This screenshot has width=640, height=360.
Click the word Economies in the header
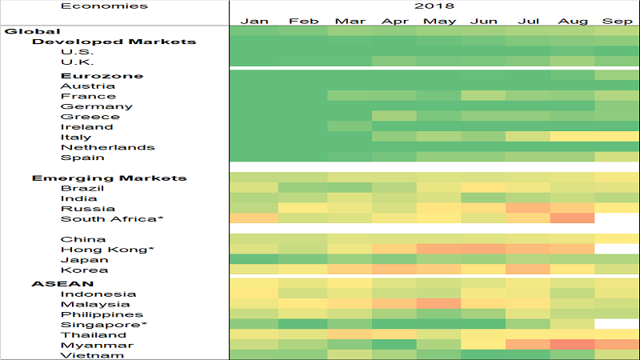pyautogui.click(x=94, y=6)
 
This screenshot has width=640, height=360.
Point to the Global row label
pyautogui.click(x=22, y=31)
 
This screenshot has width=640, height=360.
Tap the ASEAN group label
pyautogui.click(x=52, y=283)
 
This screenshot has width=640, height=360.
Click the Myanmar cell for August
pyautogui.click(x=572, y=344)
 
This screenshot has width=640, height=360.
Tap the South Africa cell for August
pyautogui.click(x=572, y=218)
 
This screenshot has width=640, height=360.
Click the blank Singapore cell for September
pyautogui.click(x=617, y=324)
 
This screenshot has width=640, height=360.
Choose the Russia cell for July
pyautogui.click(x=526, y=208)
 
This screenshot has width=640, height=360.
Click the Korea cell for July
pyautogui.click(x=526, y=270)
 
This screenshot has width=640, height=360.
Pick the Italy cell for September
pyautogui.click(x=617, y=137)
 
